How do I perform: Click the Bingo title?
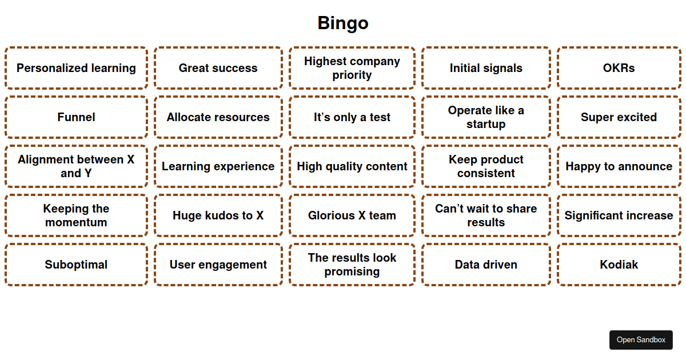point(343,23)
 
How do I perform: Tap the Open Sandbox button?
point(641,339)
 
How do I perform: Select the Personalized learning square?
point(76,68)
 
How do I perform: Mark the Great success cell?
point(218,68)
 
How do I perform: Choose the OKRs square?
point(619,68)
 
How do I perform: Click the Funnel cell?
point(76,117)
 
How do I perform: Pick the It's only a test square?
point(352,117)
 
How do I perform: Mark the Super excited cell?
point(619,117)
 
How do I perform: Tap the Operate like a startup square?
point(486,117)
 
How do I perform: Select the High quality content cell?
point(352,166)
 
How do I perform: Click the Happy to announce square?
point(619,166)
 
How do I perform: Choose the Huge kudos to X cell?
point(218,215)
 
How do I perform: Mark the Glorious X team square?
point(352,215)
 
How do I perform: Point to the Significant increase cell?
point(619,215)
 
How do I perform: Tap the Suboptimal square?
point(76,265)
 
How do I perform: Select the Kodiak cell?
point(619,265)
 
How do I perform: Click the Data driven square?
point(486,265)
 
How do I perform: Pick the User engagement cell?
point(218,265)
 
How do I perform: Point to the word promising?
point(352,271)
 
